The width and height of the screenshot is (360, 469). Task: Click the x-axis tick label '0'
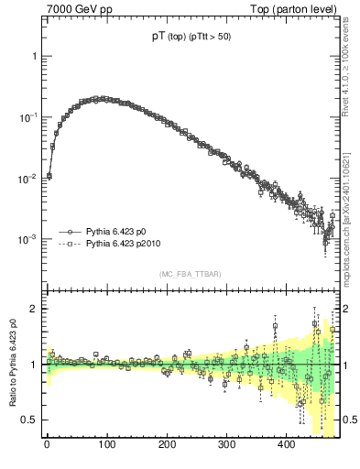(47, 445)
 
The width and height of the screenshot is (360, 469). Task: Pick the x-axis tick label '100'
(106, 445)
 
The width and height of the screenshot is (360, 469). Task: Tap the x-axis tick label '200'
(167, 445)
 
